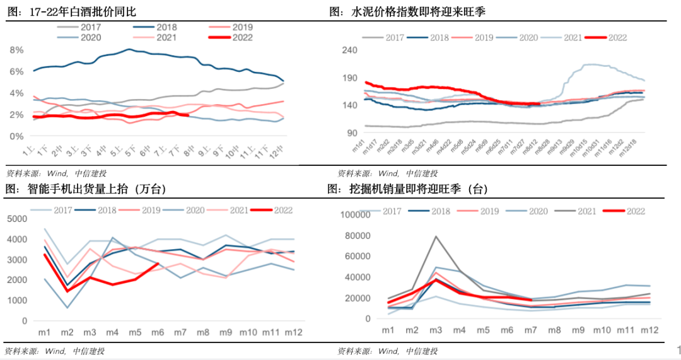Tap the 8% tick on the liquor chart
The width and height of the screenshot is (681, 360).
[x=17, y=50]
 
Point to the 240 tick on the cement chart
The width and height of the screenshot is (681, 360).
[x=350, y=50]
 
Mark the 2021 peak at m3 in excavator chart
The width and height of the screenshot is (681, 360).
[x=436, y=236]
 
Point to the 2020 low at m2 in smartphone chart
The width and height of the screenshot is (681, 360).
[x=67, y=308]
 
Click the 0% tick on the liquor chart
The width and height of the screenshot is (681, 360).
[x=17, y=136]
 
